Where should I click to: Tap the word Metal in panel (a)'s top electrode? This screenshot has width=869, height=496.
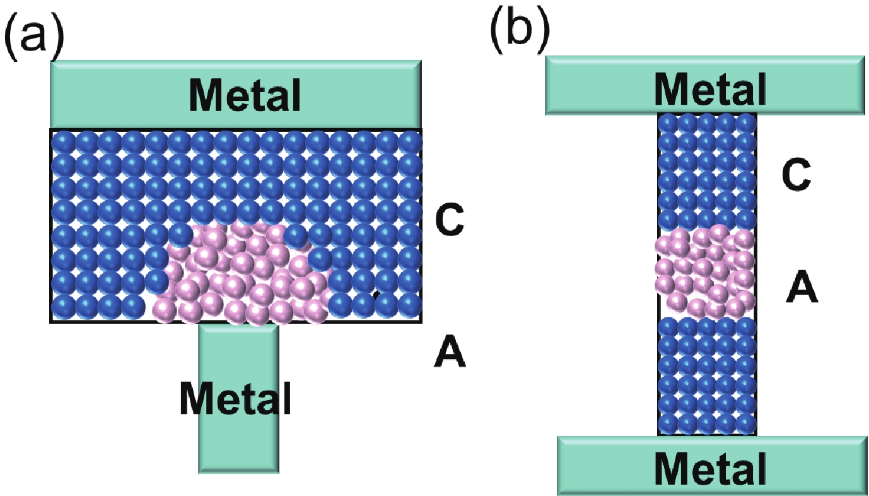[x=246, y=94]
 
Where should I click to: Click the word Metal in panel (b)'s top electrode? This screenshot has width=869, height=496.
[x=711, y=88]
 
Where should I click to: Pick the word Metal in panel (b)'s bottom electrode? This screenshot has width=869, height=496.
[x=711, y=468]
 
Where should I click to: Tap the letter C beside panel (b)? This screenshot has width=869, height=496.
[x=795, y=176]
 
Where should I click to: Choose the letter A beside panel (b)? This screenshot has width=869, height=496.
[x=802, y=290]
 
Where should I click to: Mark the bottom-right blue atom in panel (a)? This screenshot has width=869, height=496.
[x=410, y=305]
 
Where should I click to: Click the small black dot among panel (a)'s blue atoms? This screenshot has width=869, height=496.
[x=375, y=294]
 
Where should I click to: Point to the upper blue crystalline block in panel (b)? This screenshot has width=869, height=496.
[x=706, y=170]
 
